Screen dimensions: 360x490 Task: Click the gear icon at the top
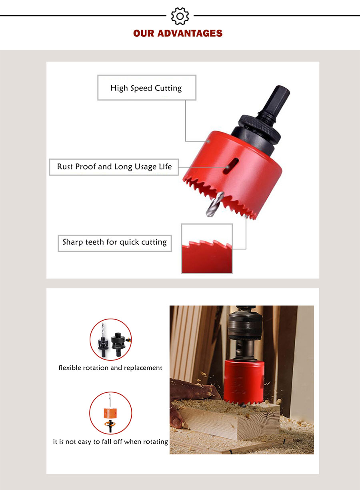(x=180, y=16)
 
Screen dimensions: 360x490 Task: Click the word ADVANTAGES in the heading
(x=190, y=33)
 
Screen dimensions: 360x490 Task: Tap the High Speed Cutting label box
(x=147, y=88)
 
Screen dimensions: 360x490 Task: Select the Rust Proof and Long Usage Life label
(x=114, y=167)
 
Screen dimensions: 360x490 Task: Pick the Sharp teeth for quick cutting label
(x=115, y=243)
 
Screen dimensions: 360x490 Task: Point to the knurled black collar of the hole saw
(x=260, y=129)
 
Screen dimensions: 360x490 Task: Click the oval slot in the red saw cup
(x=230, y=166)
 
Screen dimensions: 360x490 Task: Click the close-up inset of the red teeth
(x=207, y=249)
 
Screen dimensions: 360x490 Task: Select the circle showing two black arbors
(x=111, y=339)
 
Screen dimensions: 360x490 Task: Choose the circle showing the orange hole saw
(x=111, y=413)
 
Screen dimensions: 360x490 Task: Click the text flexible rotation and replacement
(x=110, y=368)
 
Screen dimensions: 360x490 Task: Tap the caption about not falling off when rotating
(x=110, y=442)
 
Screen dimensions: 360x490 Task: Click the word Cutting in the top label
(x=168, y=88)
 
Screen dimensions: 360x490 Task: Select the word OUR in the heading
(x=144, y=33)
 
